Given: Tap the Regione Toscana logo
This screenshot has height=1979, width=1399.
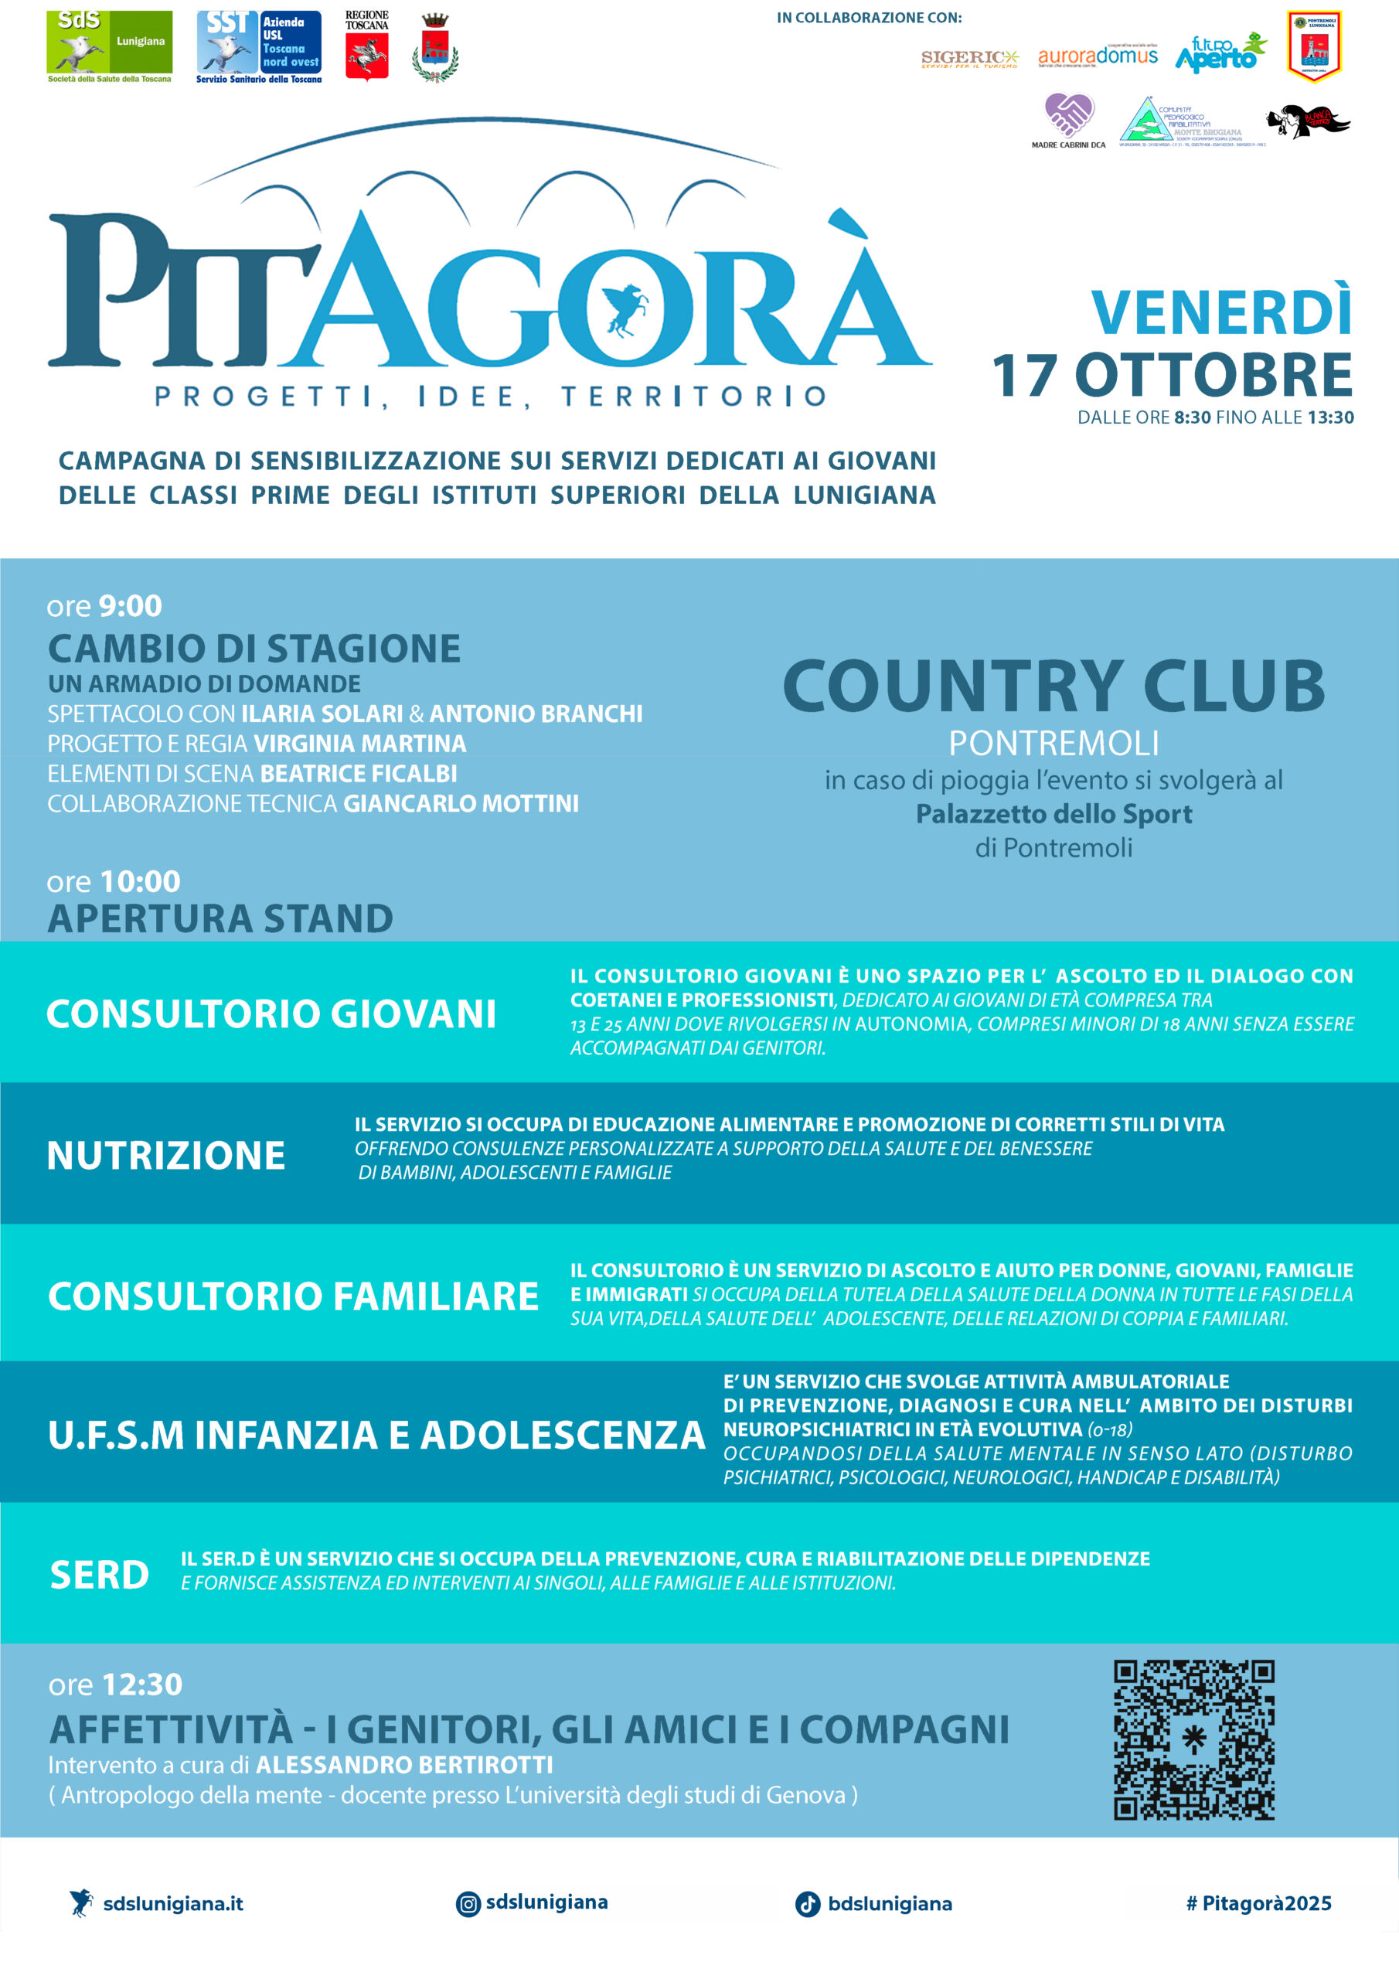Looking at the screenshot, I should point(366,46).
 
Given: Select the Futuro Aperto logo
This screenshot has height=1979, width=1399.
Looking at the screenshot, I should point(1220,53).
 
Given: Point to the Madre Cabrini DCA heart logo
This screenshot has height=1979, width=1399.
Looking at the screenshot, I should point(1068,117).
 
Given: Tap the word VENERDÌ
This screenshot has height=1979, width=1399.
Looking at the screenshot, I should point(1220,312).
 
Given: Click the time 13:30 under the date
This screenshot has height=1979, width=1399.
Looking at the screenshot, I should point(1330,418).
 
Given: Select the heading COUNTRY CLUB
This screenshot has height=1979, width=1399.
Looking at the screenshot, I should point(1054,686).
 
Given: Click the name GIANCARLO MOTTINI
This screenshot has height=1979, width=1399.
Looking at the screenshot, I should point(461,803).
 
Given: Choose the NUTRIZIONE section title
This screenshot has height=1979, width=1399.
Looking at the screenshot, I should point(165,1155).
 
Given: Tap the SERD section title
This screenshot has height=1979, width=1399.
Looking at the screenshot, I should point(99,1575).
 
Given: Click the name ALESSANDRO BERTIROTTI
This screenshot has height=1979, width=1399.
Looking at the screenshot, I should point(404,1764).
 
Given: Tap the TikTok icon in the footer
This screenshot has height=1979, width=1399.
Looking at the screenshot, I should point(807,1904).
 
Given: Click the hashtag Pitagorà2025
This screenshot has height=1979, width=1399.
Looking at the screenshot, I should point(1258,1903).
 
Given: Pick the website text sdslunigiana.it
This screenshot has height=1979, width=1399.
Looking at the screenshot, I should point(172,1904).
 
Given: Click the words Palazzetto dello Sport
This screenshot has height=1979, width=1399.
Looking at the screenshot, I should point(1054,814).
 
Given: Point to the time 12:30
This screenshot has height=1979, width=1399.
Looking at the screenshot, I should point(141,1684).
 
